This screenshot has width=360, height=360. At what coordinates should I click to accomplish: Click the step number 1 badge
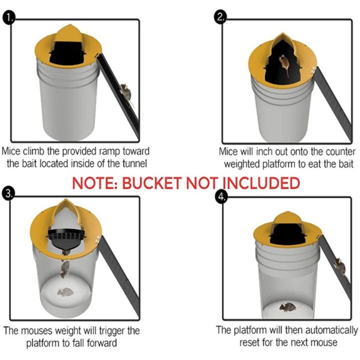pos(8,19)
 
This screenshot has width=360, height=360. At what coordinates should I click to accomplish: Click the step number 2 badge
pos(220,19)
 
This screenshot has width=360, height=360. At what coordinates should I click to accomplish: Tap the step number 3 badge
pos(8,193)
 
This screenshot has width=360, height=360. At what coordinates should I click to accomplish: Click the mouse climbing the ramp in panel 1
pos(126,91)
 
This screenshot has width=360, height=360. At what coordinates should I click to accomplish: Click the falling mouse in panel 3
pos(65,268)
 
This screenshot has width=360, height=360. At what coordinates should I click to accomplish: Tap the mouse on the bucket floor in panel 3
pos(65,292)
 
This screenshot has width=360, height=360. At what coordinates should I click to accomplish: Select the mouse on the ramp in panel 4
pos(340,265)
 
